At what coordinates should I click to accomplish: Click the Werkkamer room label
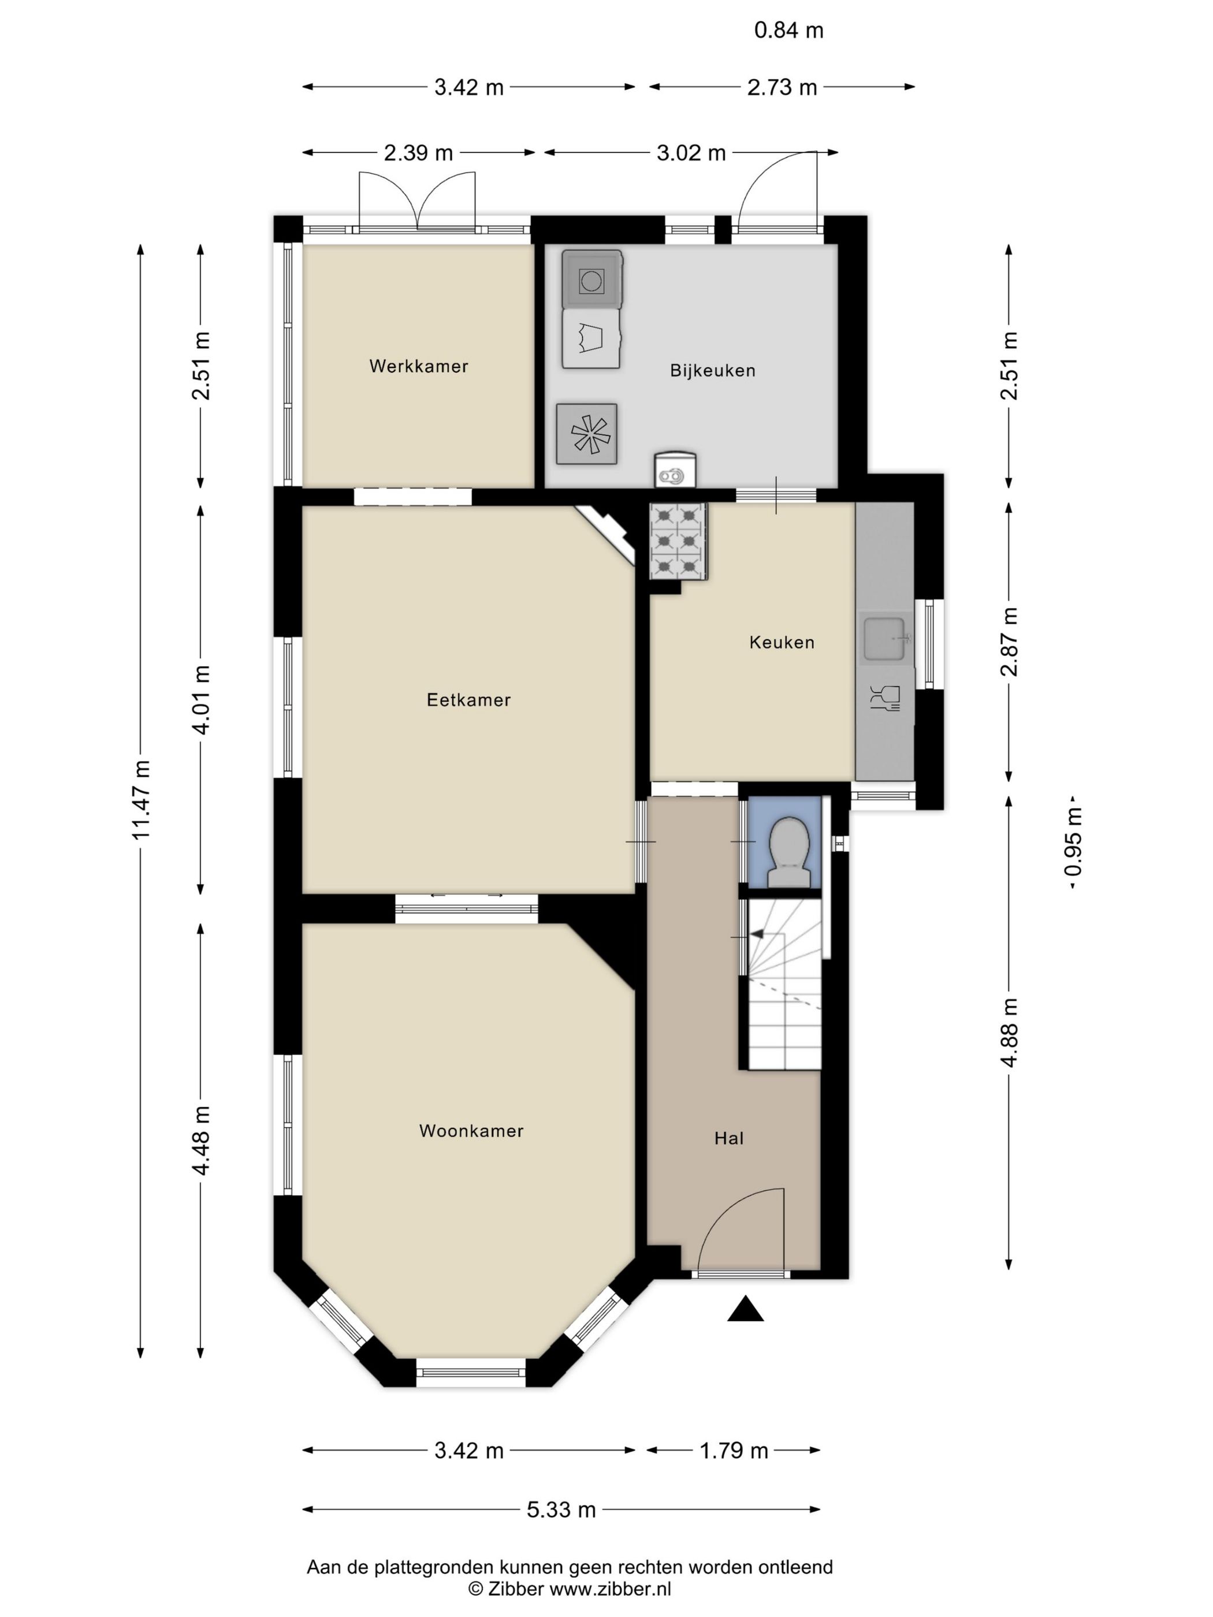pyautogui.click(x=418, y=366)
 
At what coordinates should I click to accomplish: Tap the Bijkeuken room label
pyautogui.click(x=713, y=371)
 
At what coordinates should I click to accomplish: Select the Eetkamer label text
pyautogui.click(x=468, y=699)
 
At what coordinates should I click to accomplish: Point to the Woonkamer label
pyautogui.click(x=471, y=1130)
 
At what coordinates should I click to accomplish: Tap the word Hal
pyautogui.click(x=729, y=1138)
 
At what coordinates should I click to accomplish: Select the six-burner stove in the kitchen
pyautogui.click(x=678, y=541)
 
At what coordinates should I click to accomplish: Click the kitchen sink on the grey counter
pyautogui.click(x=885, y=638)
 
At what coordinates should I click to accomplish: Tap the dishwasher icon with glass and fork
pyautogui.click(x=885, y=698)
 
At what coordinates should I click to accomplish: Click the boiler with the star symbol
pyautogui.click(x=586, y=434)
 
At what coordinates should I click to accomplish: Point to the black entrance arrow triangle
pyautogui.click(x=745, y=1309)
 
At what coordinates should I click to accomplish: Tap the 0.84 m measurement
pyautogui.click(x=789, y=30)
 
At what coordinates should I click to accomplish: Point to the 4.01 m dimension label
pyautogui.click(x=200, y=699)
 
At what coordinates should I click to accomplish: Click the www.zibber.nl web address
pyautogui.click(x=610, y=1589)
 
